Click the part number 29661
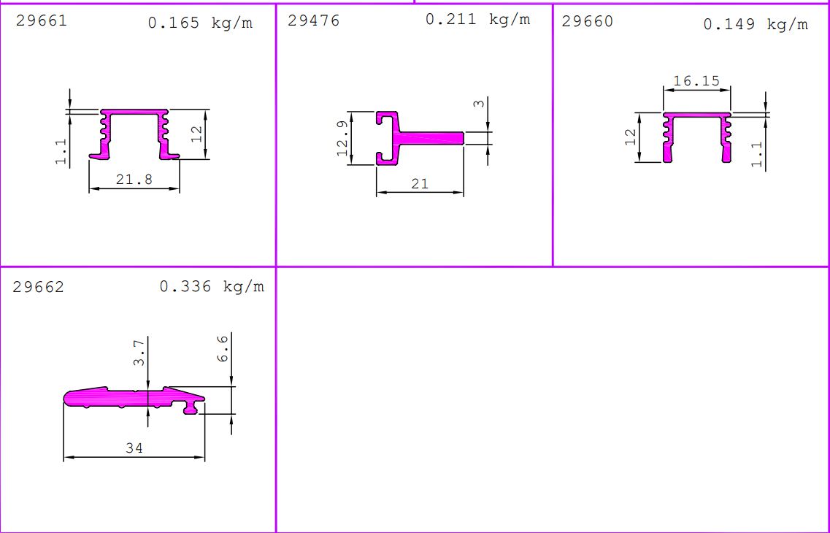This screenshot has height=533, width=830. pyautogui.click(x=42, y=20)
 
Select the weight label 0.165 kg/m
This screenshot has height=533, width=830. pyautogui.click(x=200, y=23)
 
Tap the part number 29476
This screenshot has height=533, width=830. pyautogui.click(x=313, y=20)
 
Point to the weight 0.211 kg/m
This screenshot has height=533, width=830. pyautogui.click(x=477, y=20)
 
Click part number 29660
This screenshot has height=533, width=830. pyautogui.click(x=587, y=21)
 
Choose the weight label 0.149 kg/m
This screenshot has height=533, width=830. pyautogui.click(x=756, y=24)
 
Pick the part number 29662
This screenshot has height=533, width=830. pyautogui.click(x=38, y=287)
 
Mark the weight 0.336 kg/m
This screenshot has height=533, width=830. pyautogui.click(x=212, y=286)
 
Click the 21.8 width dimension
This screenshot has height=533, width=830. pyautogui.click(x=134, y=180)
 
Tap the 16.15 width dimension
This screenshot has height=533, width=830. pyautogui.click(x=696, y=81)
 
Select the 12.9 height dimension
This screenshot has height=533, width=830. pyautogui.click(x=342, y=138)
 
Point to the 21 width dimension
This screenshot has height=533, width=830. pyautogui.click(x=420, y=184)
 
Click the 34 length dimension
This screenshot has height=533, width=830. pyautogui.click(x=134, y=448)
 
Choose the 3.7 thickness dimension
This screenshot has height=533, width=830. pyautogui.click(x=139, y=353)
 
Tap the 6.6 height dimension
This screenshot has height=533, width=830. pyautogui.click(x=223, y=348)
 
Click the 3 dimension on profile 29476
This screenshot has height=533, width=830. pyautogui.click(x=479, y=103)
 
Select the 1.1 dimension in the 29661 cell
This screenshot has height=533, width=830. pyautogui.click(x=61, y=151)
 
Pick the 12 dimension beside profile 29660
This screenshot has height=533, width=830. pyautogui.click(x=631, y=137)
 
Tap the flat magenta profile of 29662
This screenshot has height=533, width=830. pyautogui.click(x=134, y=399)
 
